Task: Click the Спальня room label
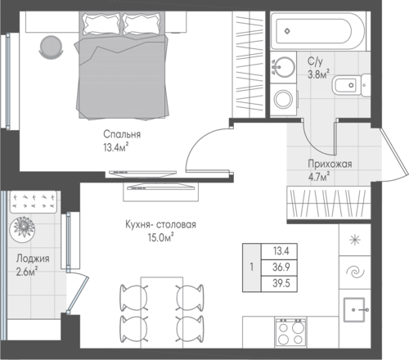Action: (x=122, y=134)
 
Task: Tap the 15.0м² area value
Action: (x=161, y=237)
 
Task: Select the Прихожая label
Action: (x=330, y=164)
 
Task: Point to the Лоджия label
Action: (x=33, y=259)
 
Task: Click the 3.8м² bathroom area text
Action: (x=318, y=74)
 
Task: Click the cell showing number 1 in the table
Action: (x=252, y=268)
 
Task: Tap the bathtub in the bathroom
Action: (x=317, y=31)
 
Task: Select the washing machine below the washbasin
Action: (x=284, y=99)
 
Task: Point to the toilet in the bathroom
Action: (x=351, y=85)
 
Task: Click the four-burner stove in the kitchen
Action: (x=290, y=332)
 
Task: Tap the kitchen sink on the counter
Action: (x=354, y=309)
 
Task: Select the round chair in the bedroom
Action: (x=52, y=47)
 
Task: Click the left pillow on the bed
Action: (x=101, y=24)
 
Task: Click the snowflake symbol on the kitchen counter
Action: (x=355, y=240)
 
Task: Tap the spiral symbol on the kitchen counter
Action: (x=355, y=272)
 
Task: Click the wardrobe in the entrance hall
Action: (x=329, y=202)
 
